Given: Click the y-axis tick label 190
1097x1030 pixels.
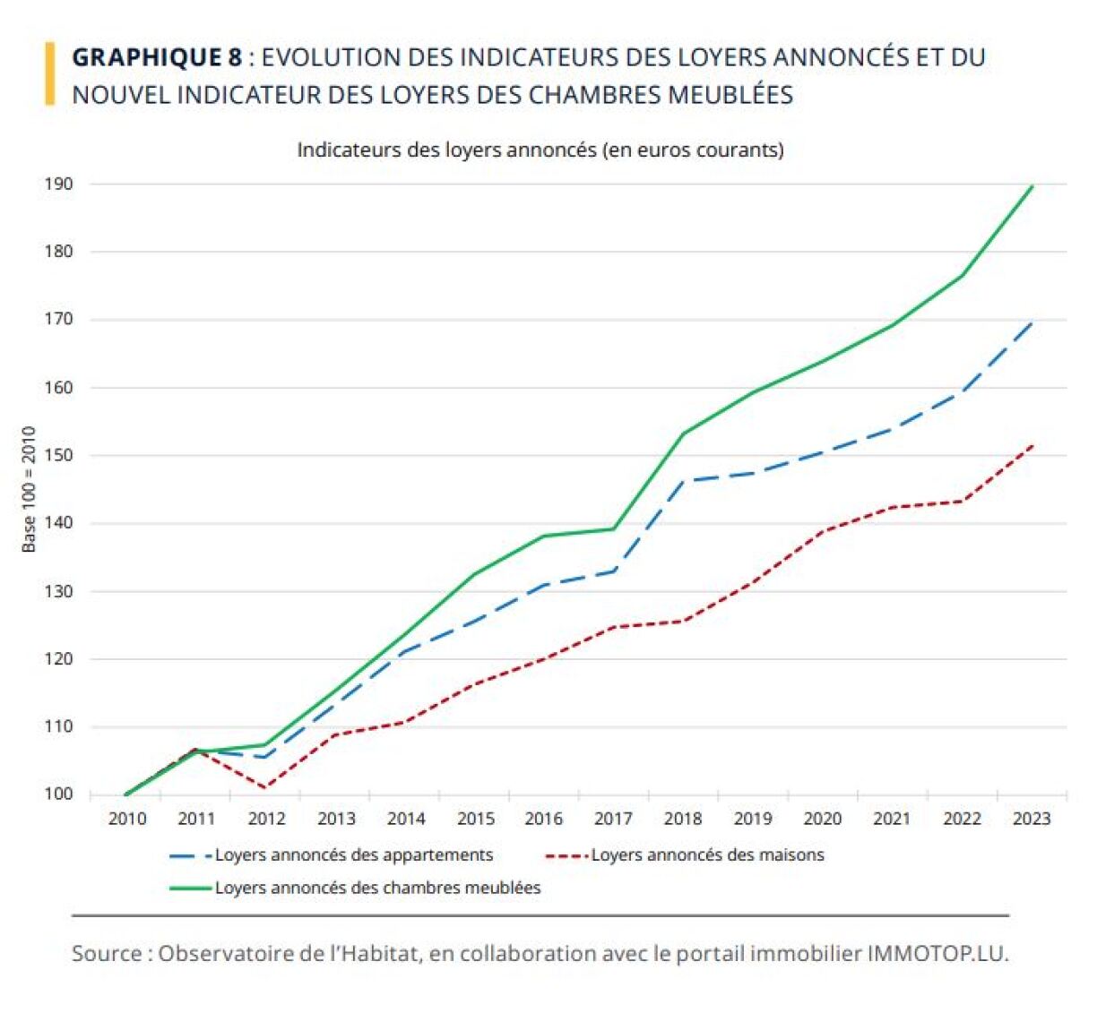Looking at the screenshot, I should [x=58, y=184].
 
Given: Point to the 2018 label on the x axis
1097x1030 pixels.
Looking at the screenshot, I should [x=683, y=818].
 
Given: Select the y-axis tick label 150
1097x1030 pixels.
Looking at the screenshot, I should [x=58, y=455].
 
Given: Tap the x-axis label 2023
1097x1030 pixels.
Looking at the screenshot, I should [x=1031, y=818].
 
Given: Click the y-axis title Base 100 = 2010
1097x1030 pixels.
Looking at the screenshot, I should [x=30, y=489].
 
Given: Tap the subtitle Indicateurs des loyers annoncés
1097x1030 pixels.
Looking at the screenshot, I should [x=540, y=150].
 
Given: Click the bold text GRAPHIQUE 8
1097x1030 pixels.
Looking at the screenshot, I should [x=157, y=57].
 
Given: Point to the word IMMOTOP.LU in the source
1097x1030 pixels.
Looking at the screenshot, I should [x=937, y=953].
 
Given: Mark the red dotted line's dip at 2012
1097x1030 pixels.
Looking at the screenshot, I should [x=266, y=787].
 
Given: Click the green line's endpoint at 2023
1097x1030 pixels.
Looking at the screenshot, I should [x=1032, y=186].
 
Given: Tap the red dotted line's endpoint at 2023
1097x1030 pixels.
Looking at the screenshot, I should [x=1032, y=444].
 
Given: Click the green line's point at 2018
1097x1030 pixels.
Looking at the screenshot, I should [x=684, y=433].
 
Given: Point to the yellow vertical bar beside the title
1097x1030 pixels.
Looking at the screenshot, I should [x=50, y=74].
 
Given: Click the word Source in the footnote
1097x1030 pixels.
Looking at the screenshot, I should [x=105, y=953].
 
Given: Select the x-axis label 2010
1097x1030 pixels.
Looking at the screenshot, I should [x=127, y=818].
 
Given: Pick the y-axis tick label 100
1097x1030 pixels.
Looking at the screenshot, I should [x=58, y=794].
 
